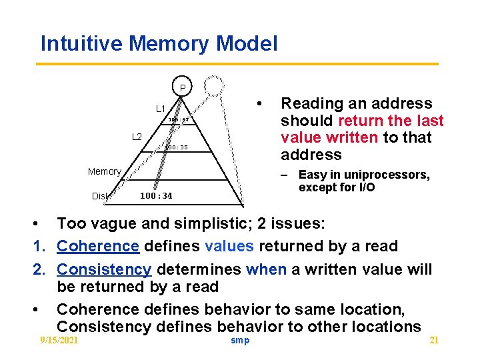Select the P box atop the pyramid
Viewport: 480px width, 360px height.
click(182, 87)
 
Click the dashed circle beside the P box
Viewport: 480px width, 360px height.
click(215, 86)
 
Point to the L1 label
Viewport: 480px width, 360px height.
click(161, 109)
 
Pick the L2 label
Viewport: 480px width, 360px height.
click(137, 137)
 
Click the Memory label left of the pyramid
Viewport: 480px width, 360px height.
click(105, 171)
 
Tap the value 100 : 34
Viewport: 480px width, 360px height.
click(156, 195)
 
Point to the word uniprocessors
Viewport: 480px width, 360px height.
click(390, 175)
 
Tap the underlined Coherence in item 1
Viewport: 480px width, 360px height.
click(98, 246)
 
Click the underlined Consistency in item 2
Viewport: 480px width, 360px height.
click(104, 269)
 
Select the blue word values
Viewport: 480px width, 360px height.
click(229, 246)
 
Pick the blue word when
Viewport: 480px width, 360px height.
click(265, 269)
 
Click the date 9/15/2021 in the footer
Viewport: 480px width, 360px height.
click(59, 340)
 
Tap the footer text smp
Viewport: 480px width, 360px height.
click(240, 340)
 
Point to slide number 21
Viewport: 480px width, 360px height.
click(434, 340)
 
